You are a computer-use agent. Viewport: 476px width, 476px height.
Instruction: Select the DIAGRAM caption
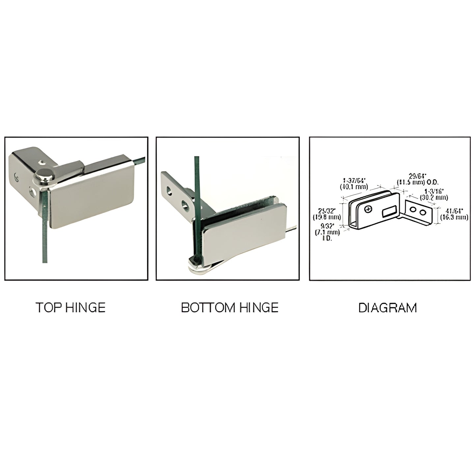click(x=387, y=308)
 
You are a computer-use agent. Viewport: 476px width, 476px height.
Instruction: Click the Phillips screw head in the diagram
click(x=368, y=209)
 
